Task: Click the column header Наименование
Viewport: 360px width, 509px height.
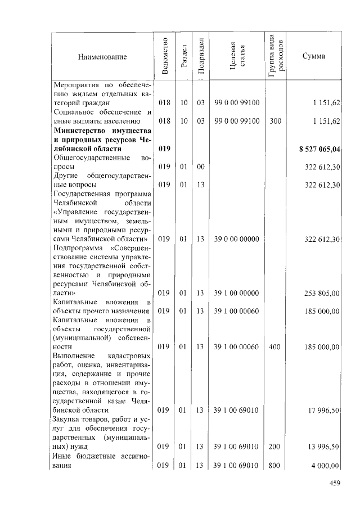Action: coord(102,57)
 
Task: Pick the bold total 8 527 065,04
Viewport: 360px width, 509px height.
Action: coord(319,148)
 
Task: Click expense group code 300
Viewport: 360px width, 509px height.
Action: coord(274,121)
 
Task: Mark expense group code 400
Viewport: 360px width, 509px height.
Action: coord(274,347)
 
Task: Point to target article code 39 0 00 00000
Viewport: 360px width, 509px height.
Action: coord(236,239)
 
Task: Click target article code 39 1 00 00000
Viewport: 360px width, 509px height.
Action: coord(236,292)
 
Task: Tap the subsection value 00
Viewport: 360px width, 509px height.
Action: coord(200,166)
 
